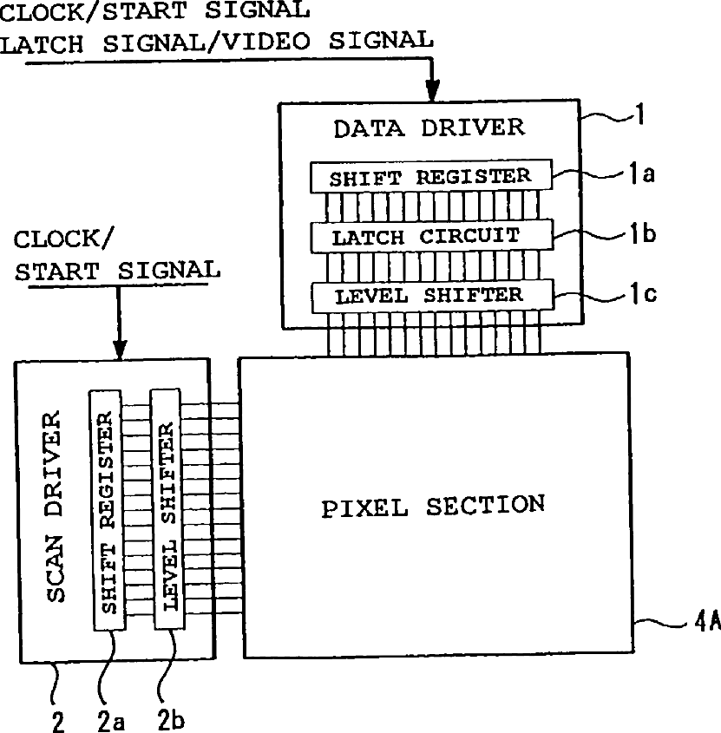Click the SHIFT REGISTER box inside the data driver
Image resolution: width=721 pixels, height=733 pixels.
point(431,177)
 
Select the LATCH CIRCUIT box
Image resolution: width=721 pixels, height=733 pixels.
point(431,236)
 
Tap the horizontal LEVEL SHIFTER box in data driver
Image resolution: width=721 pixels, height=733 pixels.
point(431,295)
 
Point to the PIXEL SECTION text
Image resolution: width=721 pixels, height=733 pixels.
point(433,506)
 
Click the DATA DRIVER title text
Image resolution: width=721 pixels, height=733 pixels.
point(429,128)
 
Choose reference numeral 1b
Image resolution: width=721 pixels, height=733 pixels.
point(643,234)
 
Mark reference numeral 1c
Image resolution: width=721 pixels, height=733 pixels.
point(643,294)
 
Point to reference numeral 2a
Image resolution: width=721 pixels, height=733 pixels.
point(110,720)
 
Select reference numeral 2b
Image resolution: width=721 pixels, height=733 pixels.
point(171,720)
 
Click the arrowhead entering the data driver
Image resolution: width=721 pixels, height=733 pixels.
point(431,91)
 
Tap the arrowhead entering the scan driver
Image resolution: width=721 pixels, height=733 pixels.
point(120,346)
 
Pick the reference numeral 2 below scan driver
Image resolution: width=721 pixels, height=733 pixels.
point(58,721)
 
